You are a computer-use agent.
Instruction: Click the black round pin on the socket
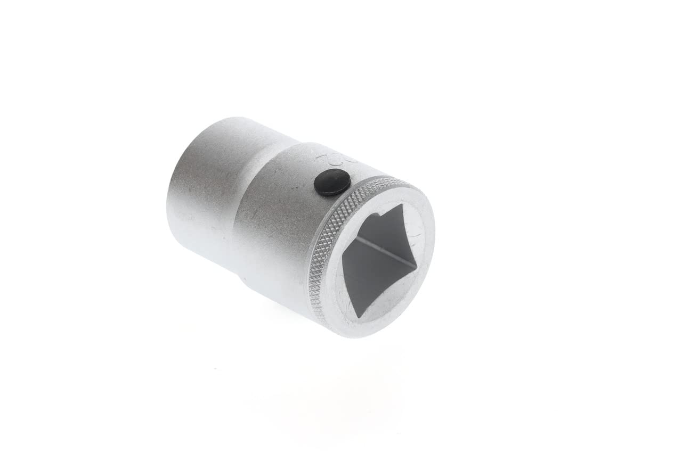point(331,183)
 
